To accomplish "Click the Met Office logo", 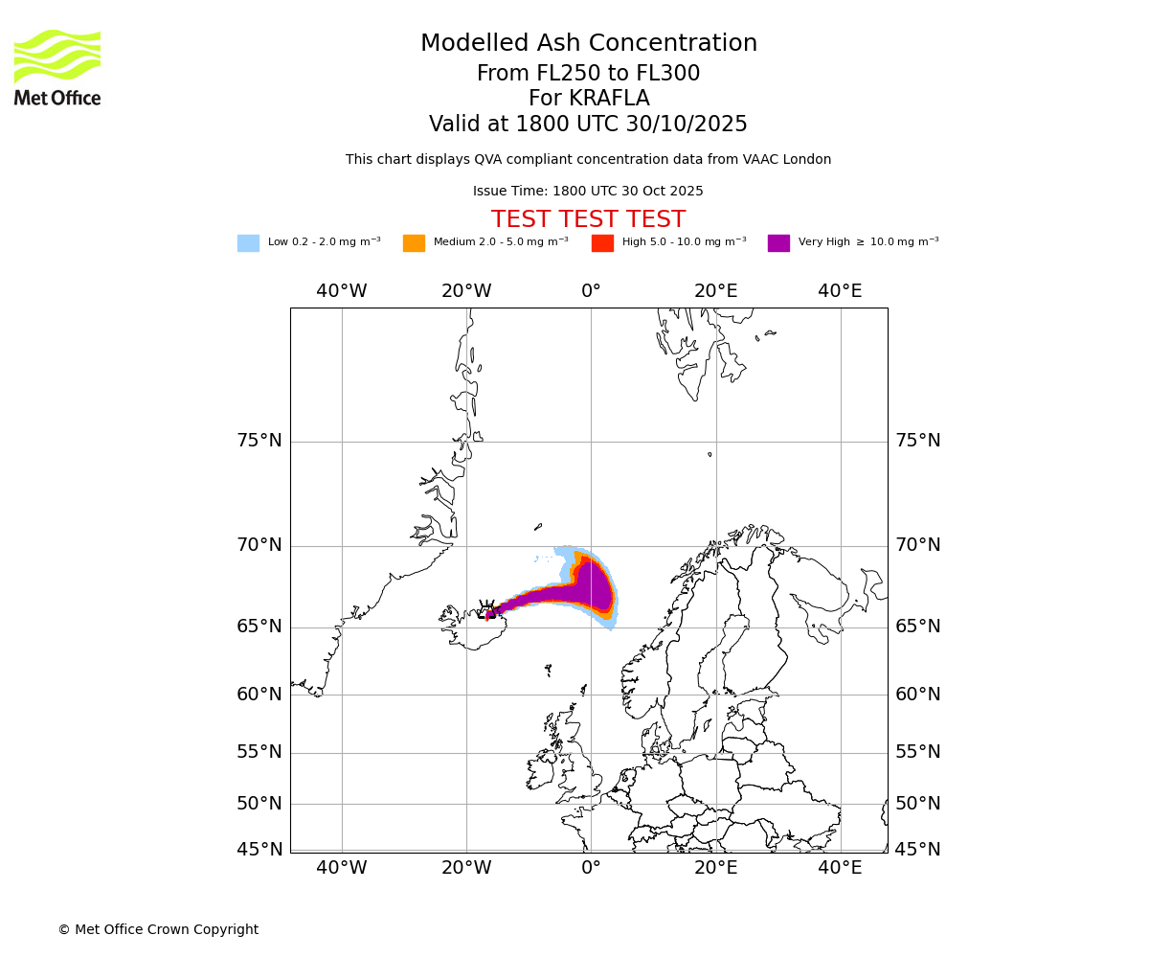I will [57, 67].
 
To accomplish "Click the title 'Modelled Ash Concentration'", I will [589, 44].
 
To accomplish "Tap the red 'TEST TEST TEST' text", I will [588, 219].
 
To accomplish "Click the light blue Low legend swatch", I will [248, 243].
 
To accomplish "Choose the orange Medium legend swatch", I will [414, 243].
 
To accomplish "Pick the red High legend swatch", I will [602, 243].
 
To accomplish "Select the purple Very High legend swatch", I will [778, 243].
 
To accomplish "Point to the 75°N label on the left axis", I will [259, 441].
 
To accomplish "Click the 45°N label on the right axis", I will [917, 850].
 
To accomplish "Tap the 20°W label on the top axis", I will [466, 291].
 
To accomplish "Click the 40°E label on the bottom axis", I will [840, 868].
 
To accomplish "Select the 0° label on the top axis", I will [591, 291].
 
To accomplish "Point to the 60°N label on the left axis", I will [259, 695].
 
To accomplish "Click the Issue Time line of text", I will [588, 192].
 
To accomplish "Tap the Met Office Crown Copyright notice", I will [158, 930].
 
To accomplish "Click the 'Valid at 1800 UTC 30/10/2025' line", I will [588, 125].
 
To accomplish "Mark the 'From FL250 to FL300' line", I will [588, 74].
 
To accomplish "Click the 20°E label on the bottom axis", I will [715, 868].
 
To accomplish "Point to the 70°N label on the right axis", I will [917, 545].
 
